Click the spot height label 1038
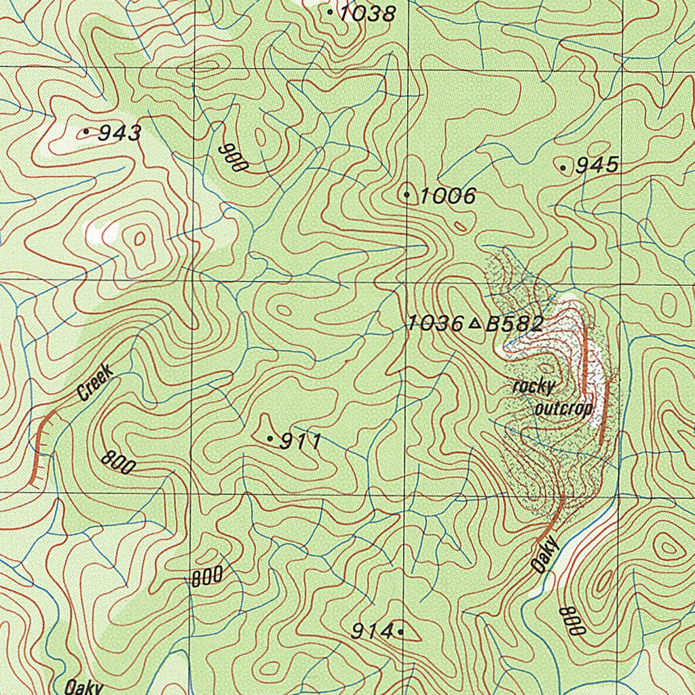click(367, 13)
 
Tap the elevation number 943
click(119, 133)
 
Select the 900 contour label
click(231, 157)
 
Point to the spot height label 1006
click(447, 197)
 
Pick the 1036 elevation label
click(435, 324)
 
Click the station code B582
click(514, 324)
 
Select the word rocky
click(533, 387)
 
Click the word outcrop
click(564, 409)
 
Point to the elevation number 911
click(301, 442)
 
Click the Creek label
click(94, 382)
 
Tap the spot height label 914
click(372, 632)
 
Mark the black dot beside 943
click(87, 131)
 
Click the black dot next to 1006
click(407, 195)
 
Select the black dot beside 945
click(563, 168)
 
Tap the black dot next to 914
click(400, 632)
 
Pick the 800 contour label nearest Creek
click(119, 462)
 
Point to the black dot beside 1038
click(330, 12)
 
